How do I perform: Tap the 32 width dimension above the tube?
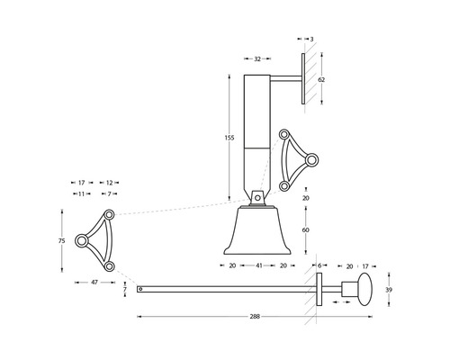257,58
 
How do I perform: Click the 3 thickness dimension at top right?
311,40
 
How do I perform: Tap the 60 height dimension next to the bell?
306,230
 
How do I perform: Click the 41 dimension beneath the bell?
259,266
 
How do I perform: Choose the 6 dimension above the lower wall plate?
319,266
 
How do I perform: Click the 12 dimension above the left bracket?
108,182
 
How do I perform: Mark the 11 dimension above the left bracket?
81,193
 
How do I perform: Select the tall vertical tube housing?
257,135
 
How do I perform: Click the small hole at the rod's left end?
139,289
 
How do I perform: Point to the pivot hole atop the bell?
257,196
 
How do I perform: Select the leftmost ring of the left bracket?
82,240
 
